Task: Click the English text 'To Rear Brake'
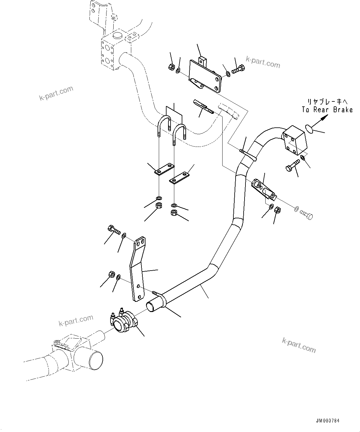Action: pyautogui.click(x=327, y=110)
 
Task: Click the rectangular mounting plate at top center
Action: pyautogui.click(x=206, y=75)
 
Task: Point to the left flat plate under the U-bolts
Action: pyautogui.click(x=163, y=169)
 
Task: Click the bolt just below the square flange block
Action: pyautogui.click(x=292, y=166)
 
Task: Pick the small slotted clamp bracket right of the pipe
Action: pyautogui.click(x=263, y=189)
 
